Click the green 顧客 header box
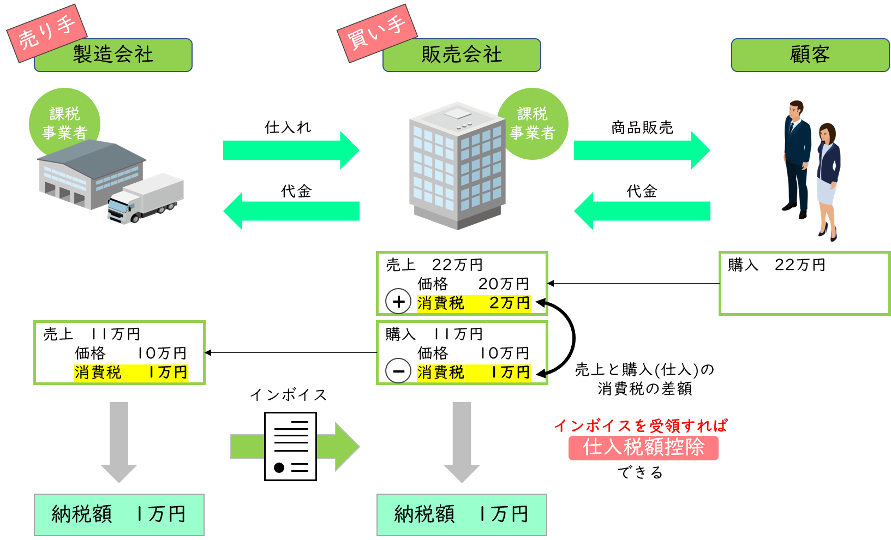[x=810, y=55]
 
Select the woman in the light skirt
[x=828, y=180]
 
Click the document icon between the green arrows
[x=290, y=446]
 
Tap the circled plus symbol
[x=398, y=302]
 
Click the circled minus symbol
[x=398, y=371]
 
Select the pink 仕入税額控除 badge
[x=643, y=448]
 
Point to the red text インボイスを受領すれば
[x=641, y=425]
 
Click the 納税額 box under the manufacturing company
[x=119, y=514]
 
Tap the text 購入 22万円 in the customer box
[x=776, y=265]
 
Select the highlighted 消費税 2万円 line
[x=473, y=303]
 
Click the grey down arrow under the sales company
[x=462, y=442]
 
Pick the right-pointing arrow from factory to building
[x=291, y=150]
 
